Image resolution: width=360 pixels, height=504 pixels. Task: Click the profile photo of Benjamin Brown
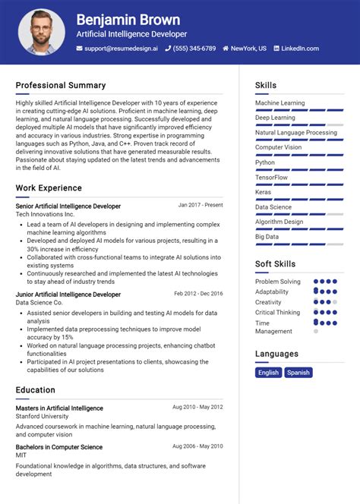[x=42, y=32]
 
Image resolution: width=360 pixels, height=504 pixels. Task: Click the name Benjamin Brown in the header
[x=128, y=20]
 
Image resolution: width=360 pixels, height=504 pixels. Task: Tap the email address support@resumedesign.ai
[x=121, y=49]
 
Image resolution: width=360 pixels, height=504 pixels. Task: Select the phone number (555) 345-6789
[x=193, y=49]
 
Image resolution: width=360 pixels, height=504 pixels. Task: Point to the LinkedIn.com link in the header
[x=299, y=49]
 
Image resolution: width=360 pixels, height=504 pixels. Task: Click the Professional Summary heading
[x=61, y=85]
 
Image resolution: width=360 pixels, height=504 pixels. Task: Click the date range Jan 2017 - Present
[x=201, y=205]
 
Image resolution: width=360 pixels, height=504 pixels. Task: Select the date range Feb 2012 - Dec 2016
[x=198, y=294]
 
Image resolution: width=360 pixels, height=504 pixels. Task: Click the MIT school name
[x=21, y=456]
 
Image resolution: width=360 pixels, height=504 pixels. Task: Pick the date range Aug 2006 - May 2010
[x=197, y=446]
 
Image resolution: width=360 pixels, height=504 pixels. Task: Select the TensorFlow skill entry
[x=271, y=177]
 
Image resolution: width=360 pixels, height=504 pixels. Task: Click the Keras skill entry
[x=263, y=192]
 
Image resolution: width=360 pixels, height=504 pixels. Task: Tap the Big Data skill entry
[x=267, y=237]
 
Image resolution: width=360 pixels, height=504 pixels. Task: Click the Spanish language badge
[x=298, y=373]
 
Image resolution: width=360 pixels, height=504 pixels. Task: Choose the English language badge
[x=268, y=373]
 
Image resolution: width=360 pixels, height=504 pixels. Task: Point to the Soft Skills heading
[x=275, y=264]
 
